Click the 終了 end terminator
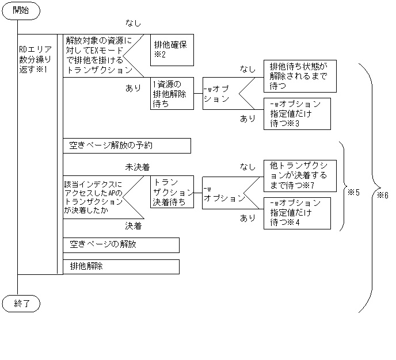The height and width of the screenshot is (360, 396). (x=20, y=302)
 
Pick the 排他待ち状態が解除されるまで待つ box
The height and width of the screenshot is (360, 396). (x=299, y=75)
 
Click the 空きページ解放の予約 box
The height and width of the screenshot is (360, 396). (x=127, y=145)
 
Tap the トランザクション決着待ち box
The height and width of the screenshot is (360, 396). (x=172, y=192)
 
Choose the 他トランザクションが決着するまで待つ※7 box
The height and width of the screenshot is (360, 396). (x=299, y=175)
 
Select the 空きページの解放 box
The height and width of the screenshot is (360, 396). (x=121, y=244)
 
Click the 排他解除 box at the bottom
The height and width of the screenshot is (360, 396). (x=121, y=267)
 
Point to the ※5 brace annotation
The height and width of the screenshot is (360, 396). (x=353, y=192)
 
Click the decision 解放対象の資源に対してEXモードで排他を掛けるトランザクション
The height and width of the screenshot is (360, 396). (x=98, y=55)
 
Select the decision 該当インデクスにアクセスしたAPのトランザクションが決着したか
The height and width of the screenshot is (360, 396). (x=95, y=197)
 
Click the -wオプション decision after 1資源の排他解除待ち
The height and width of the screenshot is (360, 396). (x=221, y=94)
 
